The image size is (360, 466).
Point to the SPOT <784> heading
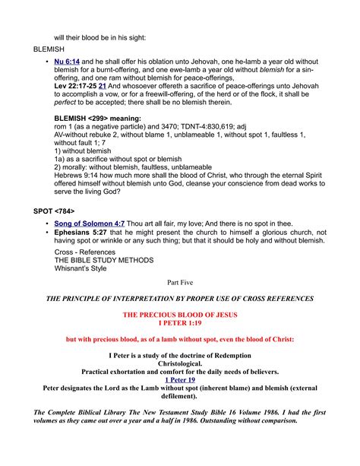tap(54, 208)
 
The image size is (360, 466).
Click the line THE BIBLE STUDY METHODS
tap(99, 260)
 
